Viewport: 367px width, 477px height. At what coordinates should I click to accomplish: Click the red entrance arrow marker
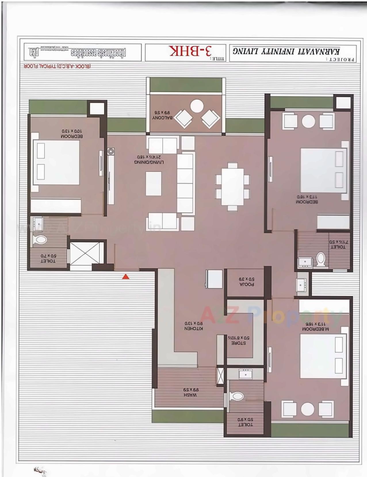[x=126, y=277]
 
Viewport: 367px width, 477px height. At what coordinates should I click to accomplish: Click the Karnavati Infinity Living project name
[x=286, y=51]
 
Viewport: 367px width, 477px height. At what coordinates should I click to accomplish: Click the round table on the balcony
[x=197, y=106]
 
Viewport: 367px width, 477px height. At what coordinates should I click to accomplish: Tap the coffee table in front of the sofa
[x=153, y=183]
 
